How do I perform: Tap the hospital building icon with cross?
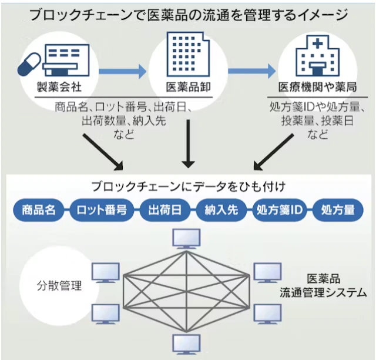click(x=317, y=56)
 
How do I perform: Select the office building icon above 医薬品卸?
click(x=188, y=54)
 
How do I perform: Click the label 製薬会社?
click(x=59, y=87)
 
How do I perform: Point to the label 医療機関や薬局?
click(x=317, y=87)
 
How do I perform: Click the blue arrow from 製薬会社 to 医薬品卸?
click(x=123, y=71)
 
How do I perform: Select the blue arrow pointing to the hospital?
click(x=252, y=71)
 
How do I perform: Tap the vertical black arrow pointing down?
click(x=188, y=144)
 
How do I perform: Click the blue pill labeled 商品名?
click(x=39, y=210)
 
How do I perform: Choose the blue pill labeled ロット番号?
click(x=102, y=210)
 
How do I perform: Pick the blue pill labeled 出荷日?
click(x=165, y=210)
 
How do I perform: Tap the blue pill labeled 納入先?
click(x=221, y=210)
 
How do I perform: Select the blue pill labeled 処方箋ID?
click(x=280, y=210)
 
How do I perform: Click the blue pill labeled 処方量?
click(x=338, y=210)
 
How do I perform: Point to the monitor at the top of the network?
click(x=186, y=239)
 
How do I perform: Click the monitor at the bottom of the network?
click(x=186, y=344)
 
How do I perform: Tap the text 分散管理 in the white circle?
click(x=59, y=286)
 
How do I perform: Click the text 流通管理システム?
click(x=323, y=293)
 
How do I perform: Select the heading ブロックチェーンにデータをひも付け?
click(x=189, y=186)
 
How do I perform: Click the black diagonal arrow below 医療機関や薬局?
click(x=273, y=152)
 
